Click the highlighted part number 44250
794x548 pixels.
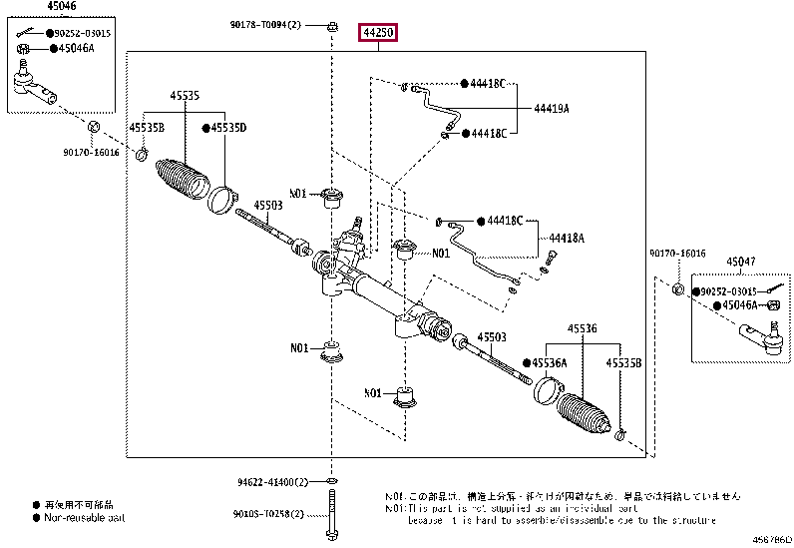tap(379, 34)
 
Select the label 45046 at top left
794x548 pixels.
tap(34, 6)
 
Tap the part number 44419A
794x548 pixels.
tap(551, 108)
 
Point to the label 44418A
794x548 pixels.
tap(566, 239)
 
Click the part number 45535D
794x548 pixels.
tap(227, 128)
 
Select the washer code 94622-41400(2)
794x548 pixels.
tap(267, 482)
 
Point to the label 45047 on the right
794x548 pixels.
tap(741, 263)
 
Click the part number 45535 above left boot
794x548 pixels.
tap(184, 96)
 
